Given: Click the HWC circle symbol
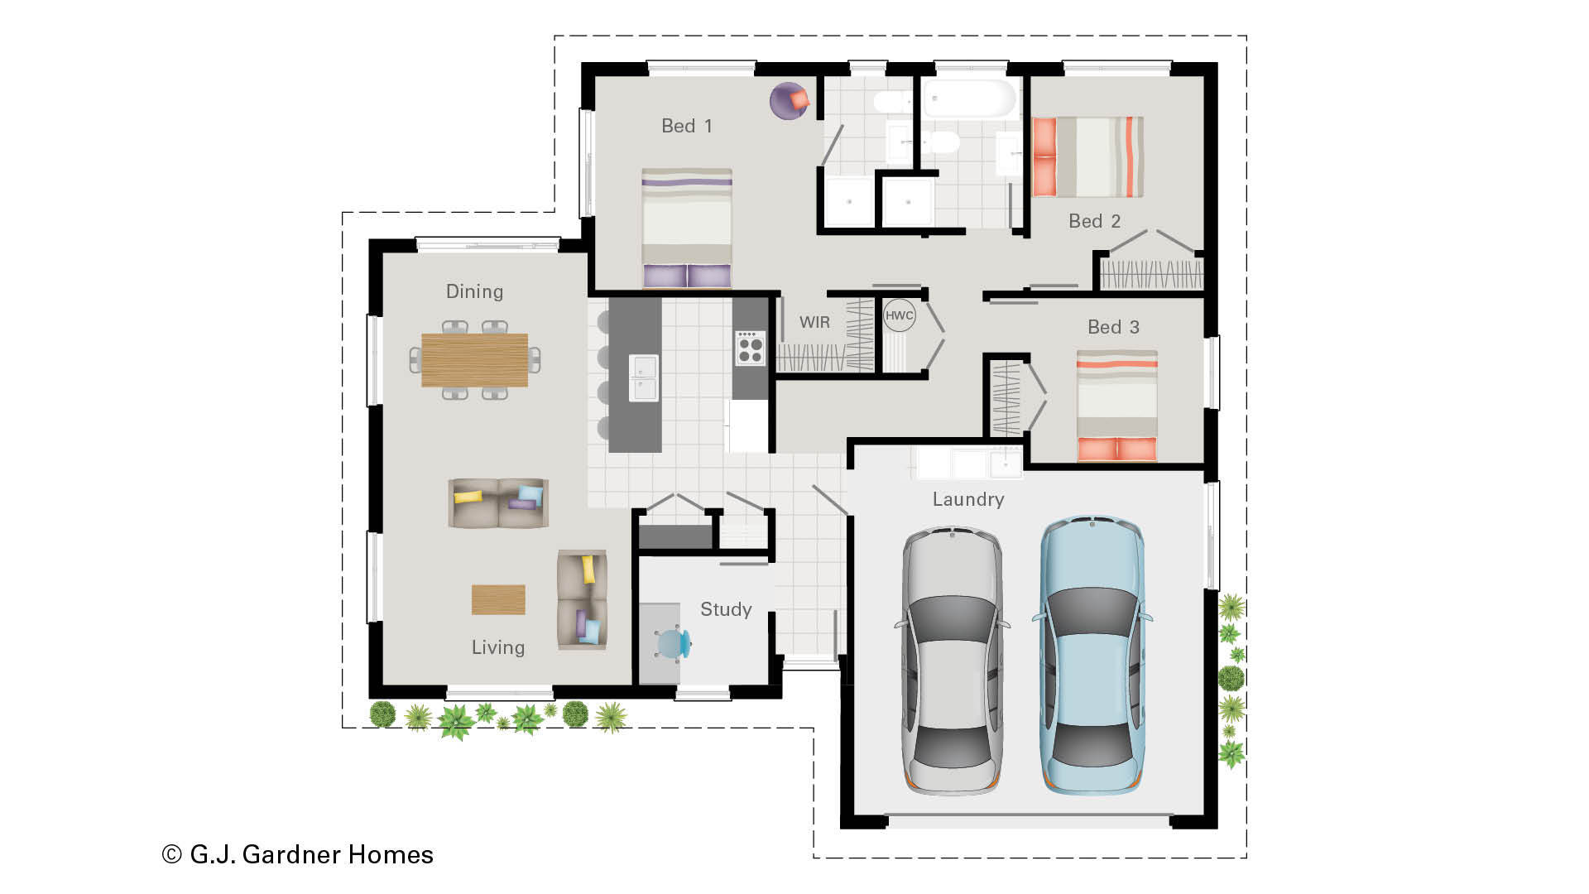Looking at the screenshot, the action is click(899, 315).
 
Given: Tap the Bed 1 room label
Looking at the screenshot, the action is click(686, 126).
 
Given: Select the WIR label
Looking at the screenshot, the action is click(814, 322).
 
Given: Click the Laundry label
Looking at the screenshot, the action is click(968, 499).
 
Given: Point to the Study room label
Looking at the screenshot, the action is click(726, 609).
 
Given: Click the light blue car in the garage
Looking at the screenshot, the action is click(1092, 655).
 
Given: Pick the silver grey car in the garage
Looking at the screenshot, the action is click(952, 660).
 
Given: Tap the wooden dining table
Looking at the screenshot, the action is click(474, 360).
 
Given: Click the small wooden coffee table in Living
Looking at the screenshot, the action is click(498, 599).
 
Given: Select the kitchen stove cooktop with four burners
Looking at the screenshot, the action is click(750, 348).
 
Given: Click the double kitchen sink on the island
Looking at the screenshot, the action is click(643, 378).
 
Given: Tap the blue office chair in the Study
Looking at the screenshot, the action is click(673, 643).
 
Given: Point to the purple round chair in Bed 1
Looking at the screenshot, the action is click(790, 101).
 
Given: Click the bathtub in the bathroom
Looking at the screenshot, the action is click(969, 99).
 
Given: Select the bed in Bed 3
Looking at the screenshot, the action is click(1116, 405).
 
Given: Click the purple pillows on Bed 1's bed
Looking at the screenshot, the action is click(687, 276).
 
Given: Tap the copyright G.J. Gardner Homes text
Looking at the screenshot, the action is click(298, 854).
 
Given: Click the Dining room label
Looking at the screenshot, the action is click(474, 291).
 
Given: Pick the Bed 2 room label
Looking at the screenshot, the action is click(1094, 221).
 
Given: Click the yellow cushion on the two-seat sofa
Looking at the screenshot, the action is click(468, 497).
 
